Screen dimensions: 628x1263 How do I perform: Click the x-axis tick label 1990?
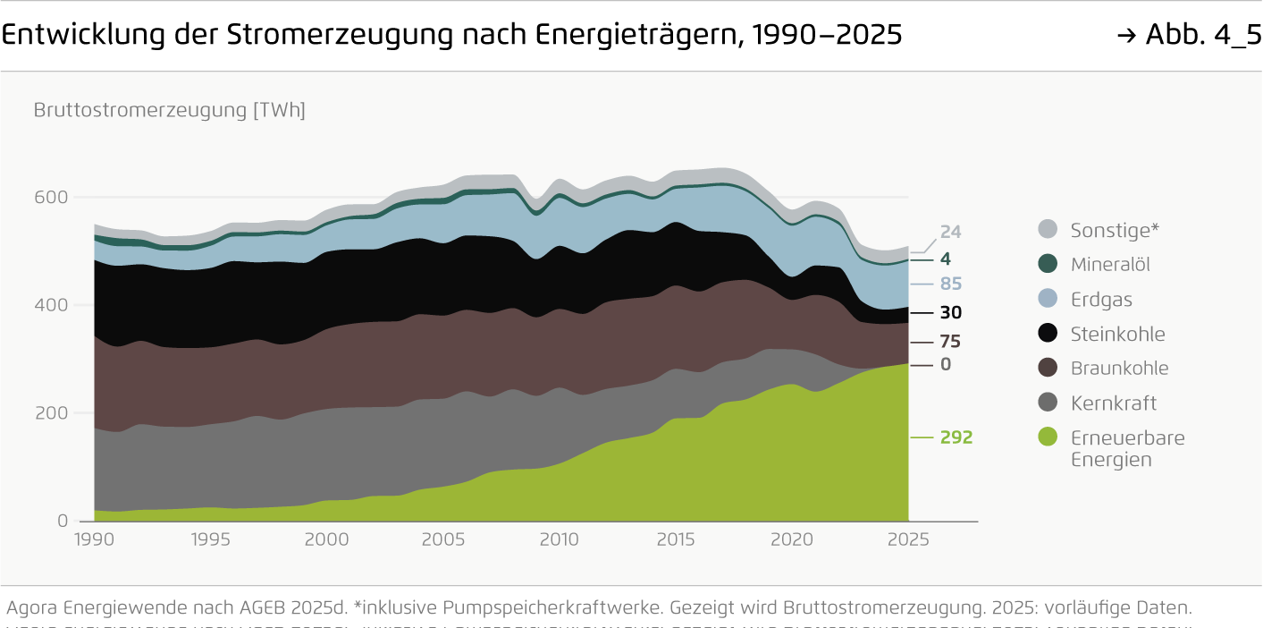pos(94,539)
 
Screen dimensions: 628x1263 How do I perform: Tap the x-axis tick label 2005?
pos(442,539)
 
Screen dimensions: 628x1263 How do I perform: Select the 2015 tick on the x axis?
pos(675,539)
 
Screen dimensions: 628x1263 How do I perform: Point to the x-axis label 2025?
pos(907,539)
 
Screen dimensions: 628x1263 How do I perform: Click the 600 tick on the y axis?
pos(50,198)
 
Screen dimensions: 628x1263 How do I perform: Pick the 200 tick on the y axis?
pos(50,413)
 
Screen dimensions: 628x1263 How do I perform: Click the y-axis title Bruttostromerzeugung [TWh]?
pos(169,111)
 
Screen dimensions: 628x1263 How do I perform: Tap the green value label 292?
pos(956,437)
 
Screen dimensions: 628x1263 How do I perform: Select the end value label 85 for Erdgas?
pos(950,284)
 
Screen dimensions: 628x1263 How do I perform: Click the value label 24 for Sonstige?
pos(950,232)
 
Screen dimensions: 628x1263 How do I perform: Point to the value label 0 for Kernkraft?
pos(946,365)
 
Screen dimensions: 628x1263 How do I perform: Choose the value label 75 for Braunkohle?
pos(950,342)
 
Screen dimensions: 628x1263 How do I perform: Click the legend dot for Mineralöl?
pos(1048,264)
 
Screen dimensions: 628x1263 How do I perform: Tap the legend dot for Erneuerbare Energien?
pos(1048,437)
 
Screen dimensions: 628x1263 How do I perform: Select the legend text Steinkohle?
pos(1117,335)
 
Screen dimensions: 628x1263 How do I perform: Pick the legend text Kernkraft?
pos(1113,403)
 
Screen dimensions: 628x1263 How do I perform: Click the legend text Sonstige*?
pos(1115,230)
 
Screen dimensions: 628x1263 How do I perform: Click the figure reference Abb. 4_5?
pos(1202,36)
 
